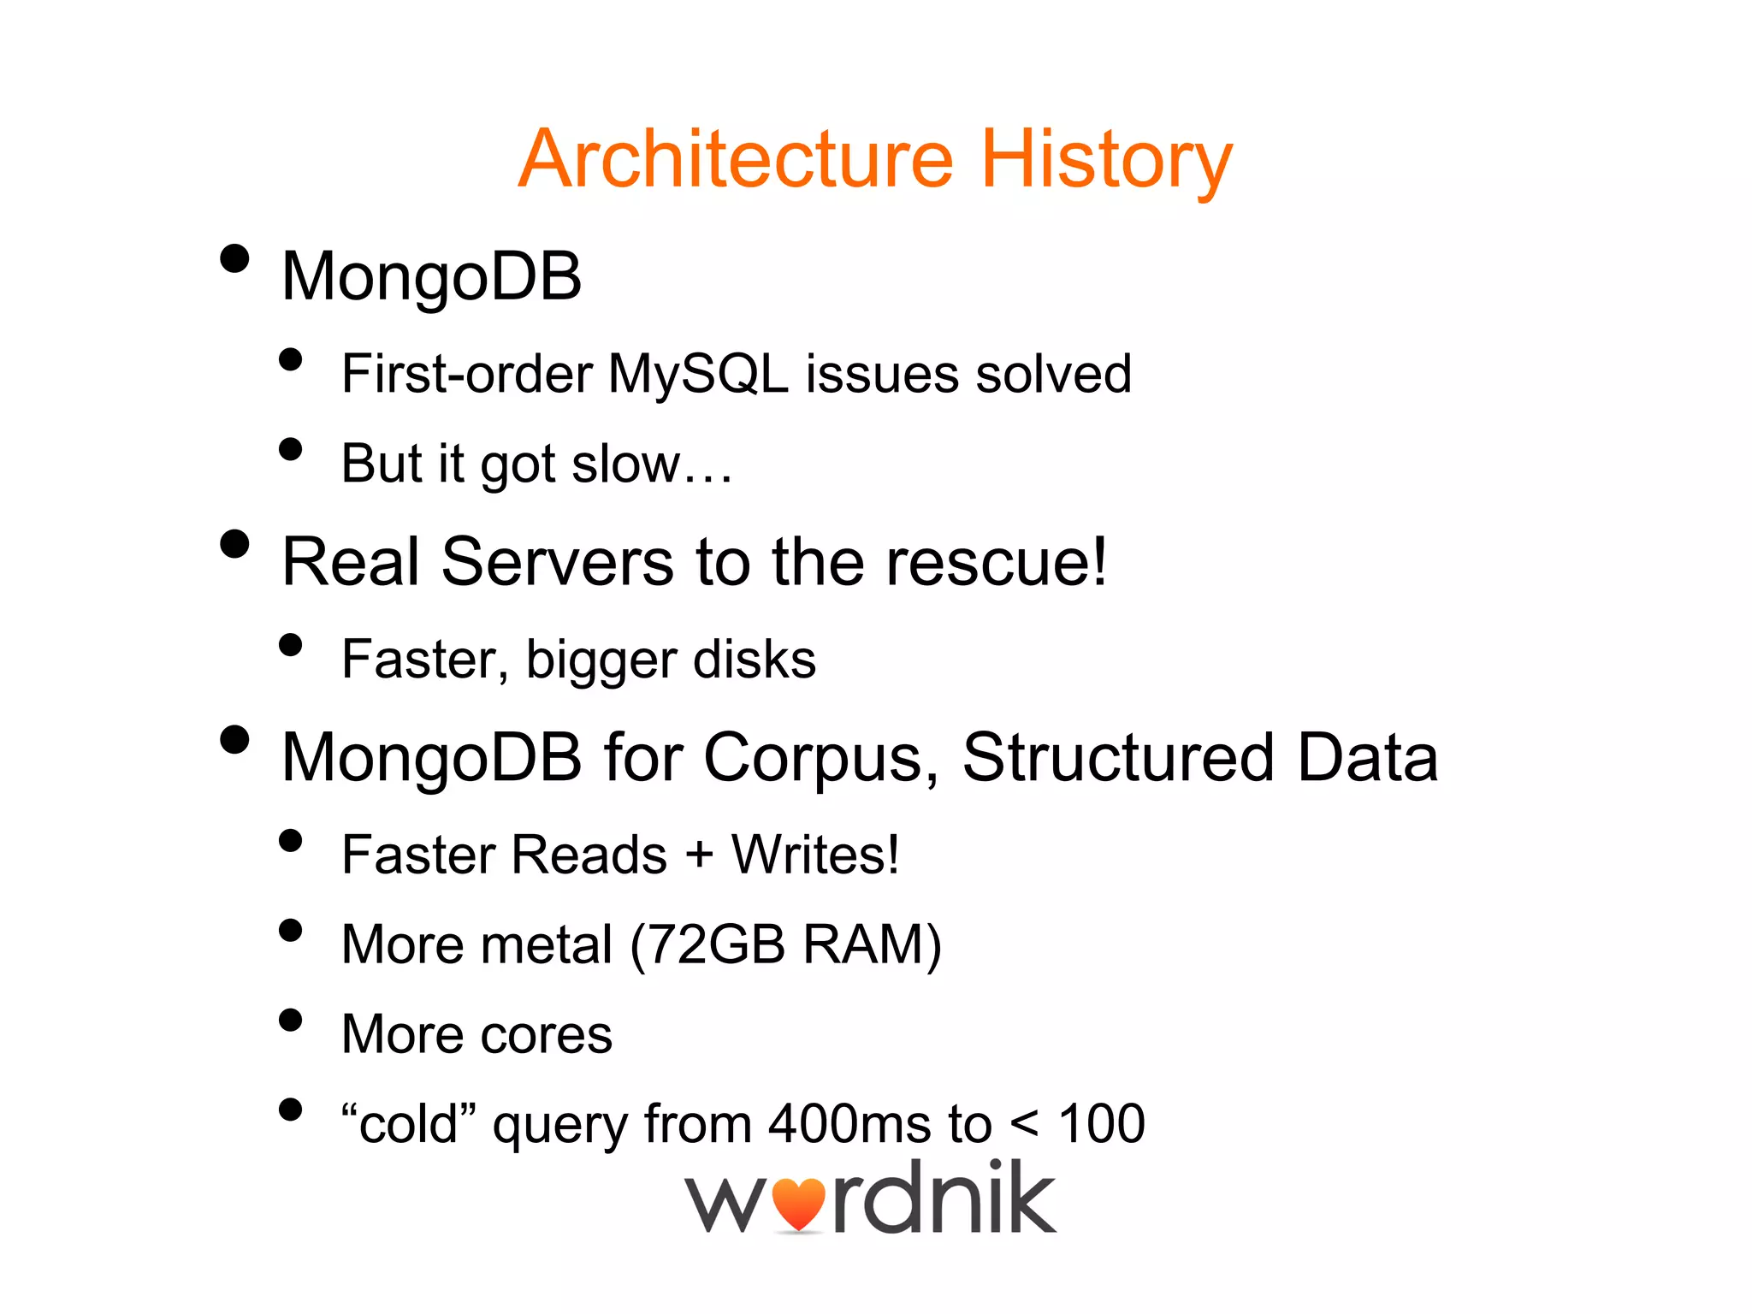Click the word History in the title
[1105, 160]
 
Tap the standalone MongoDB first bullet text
[432, 278]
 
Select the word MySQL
[698, 375]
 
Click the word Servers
[558, 562]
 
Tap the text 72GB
[717, 945]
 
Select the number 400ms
[849, 1124]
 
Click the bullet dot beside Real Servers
[234, 544]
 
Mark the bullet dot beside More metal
[291, 930]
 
